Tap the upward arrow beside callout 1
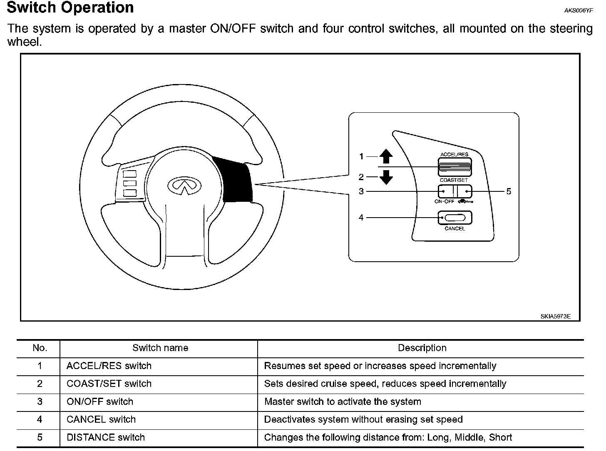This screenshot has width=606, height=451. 386,156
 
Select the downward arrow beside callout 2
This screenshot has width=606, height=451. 386,177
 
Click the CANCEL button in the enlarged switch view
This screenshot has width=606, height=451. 454,218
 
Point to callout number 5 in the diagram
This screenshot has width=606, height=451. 508,191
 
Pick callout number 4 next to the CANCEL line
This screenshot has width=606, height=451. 361,217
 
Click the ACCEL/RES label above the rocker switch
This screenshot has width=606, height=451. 454,155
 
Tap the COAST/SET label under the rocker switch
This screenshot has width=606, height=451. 454,180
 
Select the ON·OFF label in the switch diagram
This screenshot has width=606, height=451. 445,201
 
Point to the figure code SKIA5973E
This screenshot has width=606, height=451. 555,316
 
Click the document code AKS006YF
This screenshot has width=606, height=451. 578,11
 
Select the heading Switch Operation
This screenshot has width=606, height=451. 70,8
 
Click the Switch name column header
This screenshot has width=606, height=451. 160,348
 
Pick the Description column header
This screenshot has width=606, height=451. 422,348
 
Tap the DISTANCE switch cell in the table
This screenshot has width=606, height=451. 106,437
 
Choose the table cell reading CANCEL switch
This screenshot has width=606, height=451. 101,419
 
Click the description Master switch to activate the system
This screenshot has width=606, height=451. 343,401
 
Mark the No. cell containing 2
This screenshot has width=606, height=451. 40,384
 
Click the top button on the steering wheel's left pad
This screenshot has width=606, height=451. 130,174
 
